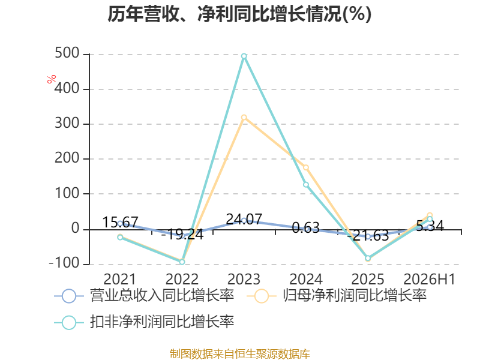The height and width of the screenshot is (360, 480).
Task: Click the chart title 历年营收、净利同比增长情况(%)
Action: click(x=239, y=14)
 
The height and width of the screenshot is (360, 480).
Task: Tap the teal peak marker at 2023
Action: click(x=244, y=56)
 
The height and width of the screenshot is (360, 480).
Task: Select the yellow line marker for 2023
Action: click(x=244, y=118)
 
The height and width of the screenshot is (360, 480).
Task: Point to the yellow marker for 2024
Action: click(x=306, y=167)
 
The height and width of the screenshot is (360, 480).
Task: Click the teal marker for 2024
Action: click(x=306, y=185)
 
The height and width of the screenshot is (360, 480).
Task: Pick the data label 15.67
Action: click(x=120, y=222)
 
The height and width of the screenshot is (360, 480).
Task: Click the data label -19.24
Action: click(x=182, y=235)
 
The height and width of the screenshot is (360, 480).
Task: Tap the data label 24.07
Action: click(x=244, y=219)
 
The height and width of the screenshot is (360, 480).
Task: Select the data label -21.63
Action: click(x=368, y=235)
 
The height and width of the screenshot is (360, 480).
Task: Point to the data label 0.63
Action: click(x=306, y=227)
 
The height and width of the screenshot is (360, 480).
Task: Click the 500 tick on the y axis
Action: click(x=67, y=53)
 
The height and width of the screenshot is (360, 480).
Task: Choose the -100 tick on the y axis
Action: click(x=64, y=263)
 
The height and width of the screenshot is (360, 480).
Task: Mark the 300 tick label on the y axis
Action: click(x=67, y=124)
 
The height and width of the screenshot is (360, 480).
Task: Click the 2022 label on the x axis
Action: click(x=182, y=279)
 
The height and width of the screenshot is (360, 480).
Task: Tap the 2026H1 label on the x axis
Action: click(x=430, y=279)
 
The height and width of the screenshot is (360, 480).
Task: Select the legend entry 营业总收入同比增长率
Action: click(x=144, y=296)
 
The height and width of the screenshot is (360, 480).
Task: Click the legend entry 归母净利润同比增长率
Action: click(x=337, y=296)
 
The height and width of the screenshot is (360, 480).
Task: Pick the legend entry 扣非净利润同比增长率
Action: click(x=144, y=322)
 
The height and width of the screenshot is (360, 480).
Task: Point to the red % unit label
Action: click(x=52, y=79)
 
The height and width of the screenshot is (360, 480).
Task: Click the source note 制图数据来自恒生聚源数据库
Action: click(x=239, y=353)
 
